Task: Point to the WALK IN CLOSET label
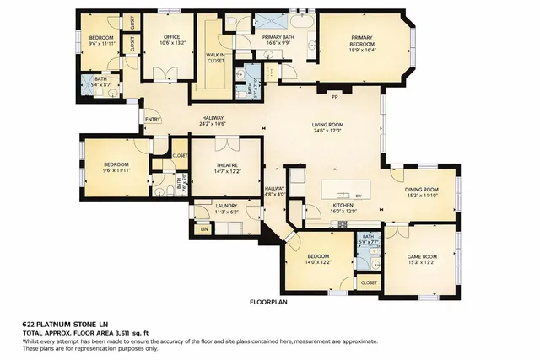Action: (215, 57)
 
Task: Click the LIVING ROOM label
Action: (330, 125)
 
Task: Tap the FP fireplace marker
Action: (334, 97)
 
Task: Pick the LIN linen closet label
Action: (203, 228)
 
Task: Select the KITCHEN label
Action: (342, 206)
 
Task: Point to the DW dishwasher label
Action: (358, 196)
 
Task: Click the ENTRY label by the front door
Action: (153, 120)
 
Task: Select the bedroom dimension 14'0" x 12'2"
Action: (318, 262)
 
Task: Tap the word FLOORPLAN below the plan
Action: (268, 301)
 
